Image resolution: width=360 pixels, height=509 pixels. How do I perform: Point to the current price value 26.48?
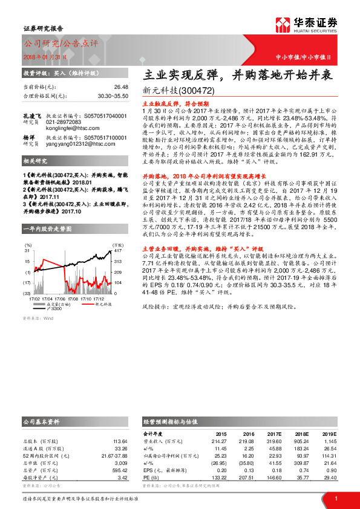click(x=120, y=87)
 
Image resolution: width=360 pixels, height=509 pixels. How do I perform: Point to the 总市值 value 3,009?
click(x=120, y=462)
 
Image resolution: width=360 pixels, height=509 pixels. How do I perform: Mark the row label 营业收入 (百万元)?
click(x=162, y=441)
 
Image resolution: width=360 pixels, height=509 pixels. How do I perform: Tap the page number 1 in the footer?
click(x=335, y=498)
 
